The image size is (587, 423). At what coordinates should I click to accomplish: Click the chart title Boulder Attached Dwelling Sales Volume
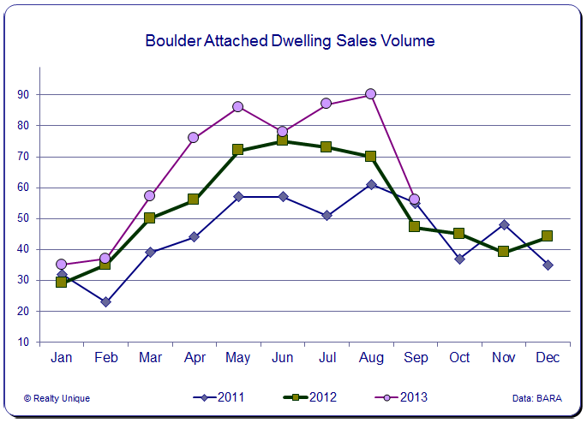click(290, 40)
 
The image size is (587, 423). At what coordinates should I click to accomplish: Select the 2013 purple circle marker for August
click(370, 94)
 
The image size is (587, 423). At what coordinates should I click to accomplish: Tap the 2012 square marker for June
click(282, 141)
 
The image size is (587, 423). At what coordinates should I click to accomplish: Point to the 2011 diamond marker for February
click(105, 302)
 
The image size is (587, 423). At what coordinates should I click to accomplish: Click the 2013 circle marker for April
click(194, 137)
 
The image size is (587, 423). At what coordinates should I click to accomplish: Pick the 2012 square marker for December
click(548, 236)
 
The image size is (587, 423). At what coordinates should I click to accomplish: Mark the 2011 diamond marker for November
click(503, 225)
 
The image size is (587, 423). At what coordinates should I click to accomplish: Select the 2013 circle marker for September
click(415, 200)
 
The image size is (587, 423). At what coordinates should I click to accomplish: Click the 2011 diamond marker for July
click(326, 216)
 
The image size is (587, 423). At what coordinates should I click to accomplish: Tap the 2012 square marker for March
click(150, 218)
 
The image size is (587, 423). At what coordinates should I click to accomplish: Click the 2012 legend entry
click(310, 396)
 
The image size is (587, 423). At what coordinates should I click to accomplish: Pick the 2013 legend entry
click(401, 396)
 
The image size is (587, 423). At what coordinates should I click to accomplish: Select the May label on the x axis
click(238, 357)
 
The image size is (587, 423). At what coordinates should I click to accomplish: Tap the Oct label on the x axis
click(459, 357)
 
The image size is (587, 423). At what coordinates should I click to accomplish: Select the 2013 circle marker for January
click(62, 265)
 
